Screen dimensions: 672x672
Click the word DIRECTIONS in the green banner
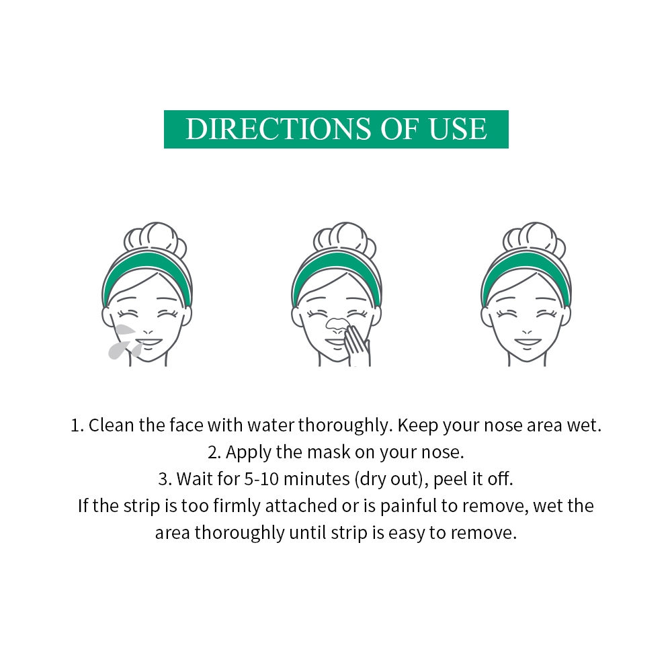(x=278, y=128)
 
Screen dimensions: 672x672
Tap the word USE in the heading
(x=458, y=128)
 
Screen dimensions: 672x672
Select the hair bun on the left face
(x=155, y=239)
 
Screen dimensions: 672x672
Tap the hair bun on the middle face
(x=345, y=239)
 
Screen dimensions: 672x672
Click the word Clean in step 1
(x=111, y=425)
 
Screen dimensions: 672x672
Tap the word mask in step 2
(x=329, y=452)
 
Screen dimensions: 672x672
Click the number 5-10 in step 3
(x=261, y=478)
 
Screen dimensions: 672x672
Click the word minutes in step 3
(x=317, y=478)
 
